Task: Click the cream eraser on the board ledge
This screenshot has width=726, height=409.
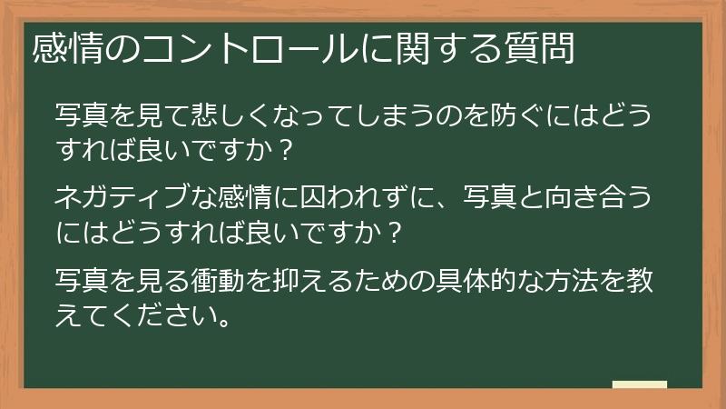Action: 639,384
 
